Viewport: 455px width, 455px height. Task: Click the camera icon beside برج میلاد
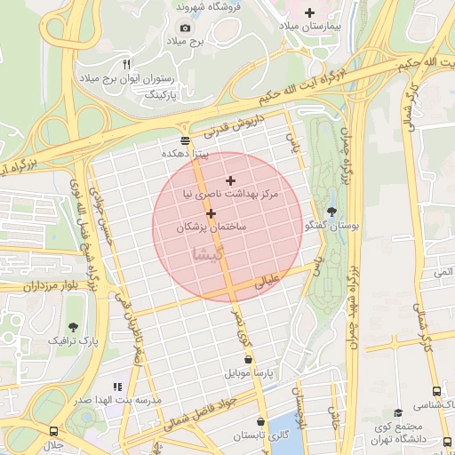[x=185, y=28]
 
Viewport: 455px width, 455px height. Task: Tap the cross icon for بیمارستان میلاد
[x=309, y=12]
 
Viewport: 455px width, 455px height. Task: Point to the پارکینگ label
[x=162, y=93]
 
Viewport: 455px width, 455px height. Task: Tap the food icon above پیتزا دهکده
[x=185, y=140]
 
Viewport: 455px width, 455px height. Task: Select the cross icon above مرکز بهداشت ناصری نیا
[x=230, y=180]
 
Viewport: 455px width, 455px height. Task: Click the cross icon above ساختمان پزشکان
[x=211, y=213]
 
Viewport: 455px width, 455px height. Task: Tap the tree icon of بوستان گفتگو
[x=331, y=212]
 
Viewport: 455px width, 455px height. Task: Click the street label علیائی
[x=267, y=282]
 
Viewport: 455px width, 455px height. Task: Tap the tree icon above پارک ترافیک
[x=72, y=326]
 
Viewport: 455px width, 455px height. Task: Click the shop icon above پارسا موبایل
[x=247, y=360]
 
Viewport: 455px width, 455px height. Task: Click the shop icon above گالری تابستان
[x=259, y=422]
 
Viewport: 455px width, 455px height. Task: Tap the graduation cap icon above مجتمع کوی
[x=397, y=412]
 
